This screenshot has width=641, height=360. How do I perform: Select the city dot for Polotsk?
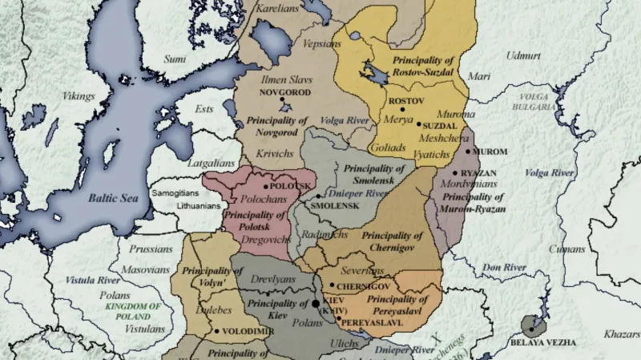pos(266,186)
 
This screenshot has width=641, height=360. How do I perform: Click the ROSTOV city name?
pos(405,102)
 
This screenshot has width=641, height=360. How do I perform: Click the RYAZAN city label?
pos(478,173)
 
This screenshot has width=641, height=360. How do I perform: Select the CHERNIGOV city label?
pos(363,286)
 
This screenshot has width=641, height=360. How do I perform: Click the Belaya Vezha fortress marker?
pos(530,326)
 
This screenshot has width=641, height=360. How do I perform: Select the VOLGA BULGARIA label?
pos(533,102)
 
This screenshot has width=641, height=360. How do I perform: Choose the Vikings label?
pos(79,96)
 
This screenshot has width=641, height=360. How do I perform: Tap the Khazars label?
pos(622,332)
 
